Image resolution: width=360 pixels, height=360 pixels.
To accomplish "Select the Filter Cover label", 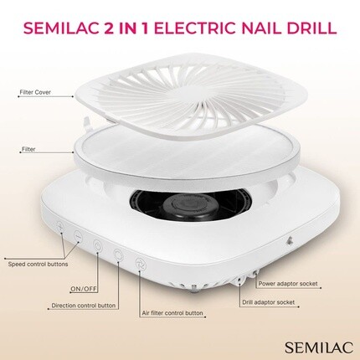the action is [35, 92].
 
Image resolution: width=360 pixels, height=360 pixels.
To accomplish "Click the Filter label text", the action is [28, 149].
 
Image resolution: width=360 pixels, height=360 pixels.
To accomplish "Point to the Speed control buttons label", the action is [38, 264].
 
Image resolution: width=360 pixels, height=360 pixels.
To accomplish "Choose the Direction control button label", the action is [84, 306].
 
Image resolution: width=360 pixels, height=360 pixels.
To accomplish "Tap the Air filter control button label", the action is [172, 313].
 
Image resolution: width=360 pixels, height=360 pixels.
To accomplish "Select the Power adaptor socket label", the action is [288, 284].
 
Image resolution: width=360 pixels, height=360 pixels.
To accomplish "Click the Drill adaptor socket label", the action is [269, 302].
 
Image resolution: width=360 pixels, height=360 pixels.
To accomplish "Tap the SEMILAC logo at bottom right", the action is [319, 347].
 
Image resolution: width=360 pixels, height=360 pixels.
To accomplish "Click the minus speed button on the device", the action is [79, 236].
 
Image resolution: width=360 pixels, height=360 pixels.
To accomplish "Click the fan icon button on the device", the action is [140, 264].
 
